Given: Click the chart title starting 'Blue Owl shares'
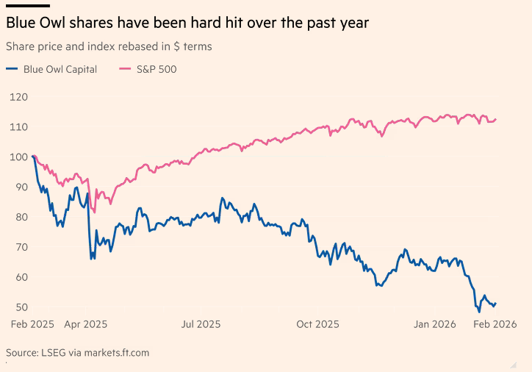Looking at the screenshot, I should tap(187, 24).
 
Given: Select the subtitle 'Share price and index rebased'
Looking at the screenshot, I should tap(109, 46).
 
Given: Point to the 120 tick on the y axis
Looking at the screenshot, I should tap(18, 96).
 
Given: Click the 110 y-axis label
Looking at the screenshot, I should tap(18, 126).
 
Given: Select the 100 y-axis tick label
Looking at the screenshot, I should tap(18, 157).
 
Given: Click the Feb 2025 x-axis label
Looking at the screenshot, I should tap(32, 324).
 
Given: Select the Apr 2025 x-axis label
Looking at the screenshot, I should tap(85, 324).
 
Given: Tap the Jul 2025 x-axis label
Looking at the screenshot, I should tap(200, 324).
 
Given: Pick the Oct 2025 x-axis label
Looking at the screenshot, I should tap(317, 324).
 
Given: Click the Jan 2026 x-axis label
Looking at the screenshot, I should tap(434, 324).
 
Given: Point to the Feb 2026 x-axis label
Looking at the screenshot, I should tap(494, 324).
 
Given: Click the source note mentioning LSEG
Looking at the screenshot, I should tap(77, 353).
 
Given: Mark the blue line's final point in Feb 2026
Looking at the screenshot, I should tap(496, 303).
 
